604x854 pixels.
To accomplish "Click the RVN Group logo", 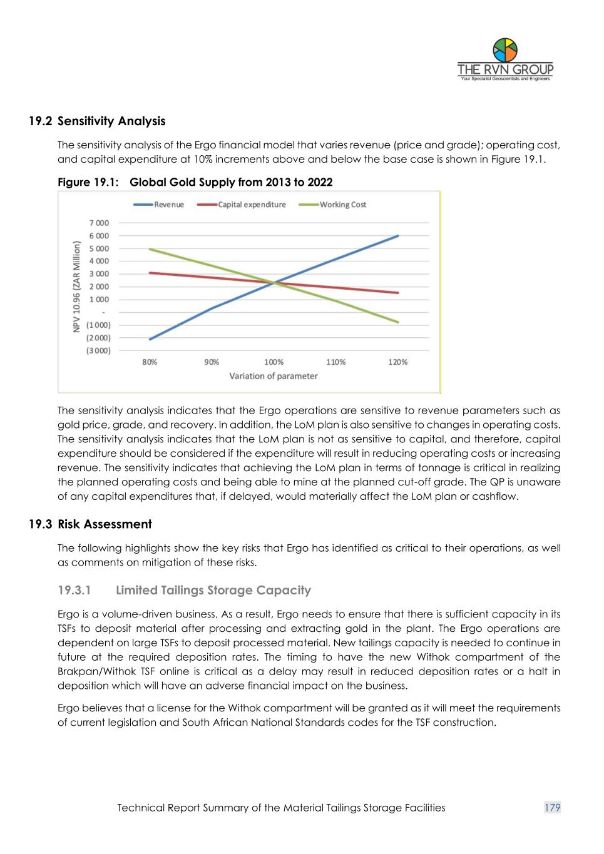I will pos(505,59).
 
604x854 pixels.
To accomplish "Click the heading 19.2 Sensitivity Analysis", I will pos(97,121).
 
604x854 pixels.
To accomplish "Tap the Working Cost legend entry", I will pos(342,205).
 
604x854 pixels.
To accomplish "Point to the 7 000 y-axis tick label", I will pos(99,223).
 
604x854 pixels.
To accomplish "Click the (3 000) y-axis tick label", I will pos(98,350).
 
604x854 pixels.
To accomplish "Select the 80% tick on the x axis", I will pos(150,362).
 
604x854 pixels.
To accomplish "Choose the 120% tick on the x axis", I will pos(397,362).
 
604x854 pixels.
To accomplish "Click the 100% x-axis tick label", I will pos(274,362).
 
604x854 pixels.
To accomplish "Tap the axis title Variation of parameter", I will pos(274,376).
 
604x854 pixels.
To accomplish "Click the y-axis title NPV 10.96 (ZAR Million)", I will pos(76,287).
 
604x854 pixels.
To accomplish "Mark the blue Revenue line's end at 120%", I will pos(398,236).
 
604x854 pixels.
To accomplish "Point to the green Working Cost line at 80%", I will pos(150,249).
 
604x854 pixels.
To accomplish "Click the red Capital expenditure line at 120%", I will pos(398,293).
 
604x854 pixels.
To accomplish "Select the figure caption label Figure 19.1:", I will pos(88,182).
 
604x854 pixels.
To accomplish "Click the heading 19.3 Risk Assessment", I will pos(91,524).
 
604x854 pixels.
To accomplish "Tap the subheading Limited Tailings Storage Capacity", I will pos(213,590).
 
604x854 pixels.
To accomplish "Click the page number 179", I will pos(552,808).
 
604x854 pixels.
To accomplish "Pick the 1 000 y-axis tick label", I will pos(99,300).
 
